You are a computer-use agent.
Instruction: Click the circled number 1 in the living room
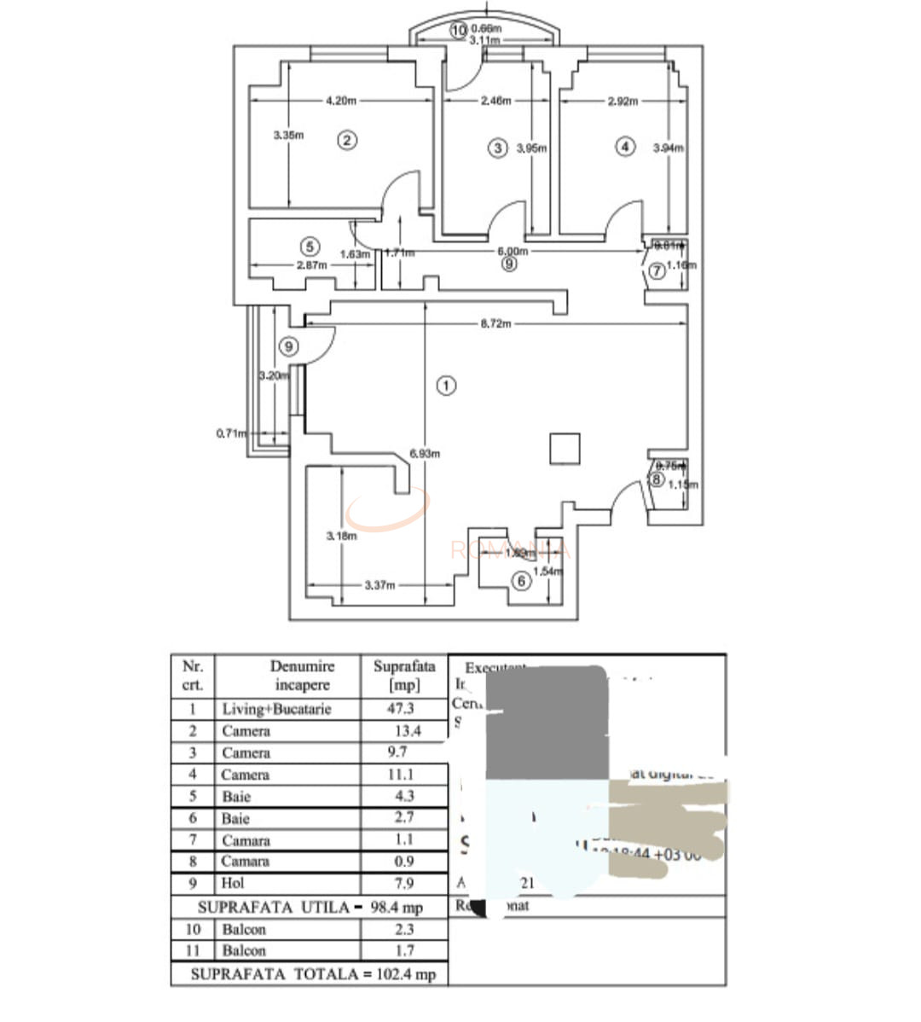(x=446, y=386)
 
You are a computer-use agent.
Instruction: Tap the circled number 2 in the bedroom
(x=346, y=141)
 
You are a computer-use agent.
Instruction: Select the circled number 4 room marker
(x=626, y=147)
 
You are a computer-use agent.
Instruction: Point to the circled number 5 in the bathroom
(x=310, y=247)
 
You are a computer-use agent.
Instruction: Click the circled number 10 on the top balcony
(x=459, y=31)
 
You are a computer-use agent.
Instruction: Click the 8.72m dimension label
(x=495, y=324)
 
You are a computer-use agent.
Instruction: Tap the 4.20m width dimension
(x=341, y=101)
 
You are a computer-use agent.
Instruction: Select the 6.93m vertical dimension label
(x=425, y=454)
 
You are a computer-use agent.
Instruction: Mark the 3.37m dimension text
(x=379, y=585)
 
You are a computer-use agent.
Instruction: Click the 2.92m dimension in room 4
(x=623, y=101)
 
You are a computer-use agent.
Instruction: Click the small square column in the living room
(x=565, y=449)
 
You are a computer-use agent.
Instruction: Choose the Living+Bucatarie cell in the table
(x=276, y=709)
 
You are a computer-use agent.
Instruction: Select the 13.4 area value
(x=408, y=731)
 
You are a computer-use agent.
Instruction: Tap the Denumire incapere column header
(x=302, y=676)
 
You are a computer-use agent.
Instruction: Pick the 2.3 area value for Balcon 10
(x=404, y=929)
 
